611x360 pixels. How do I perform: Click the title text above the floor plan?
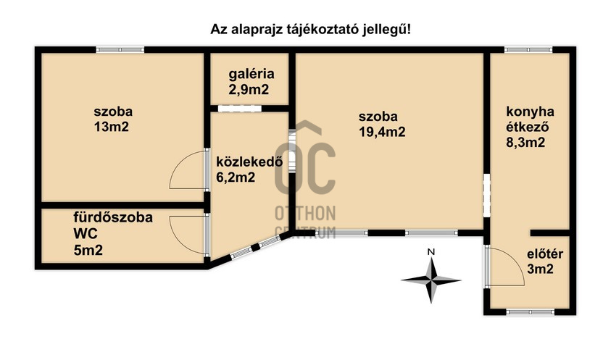(305, 29)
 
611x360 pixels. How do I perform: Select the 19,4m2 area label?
(382, 132)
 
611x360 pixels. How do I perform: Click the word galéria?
(251, 74)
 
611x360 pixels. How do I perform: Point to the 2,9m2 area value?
(251, 90)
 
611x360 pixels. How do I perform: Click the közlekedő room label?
(249, 162)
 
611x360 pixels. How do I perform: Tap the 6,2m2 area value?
(236, 177)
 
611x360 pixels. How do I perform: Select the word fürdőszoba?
(113, 217)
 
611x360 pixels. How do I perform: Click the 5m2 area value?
(88, 251)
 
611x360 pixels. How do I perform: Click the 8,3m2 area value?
(525, 143)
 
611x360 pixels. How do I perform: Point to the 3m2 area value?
(540, 270)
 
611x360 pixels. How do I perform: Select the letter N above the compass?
(431, 251)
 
